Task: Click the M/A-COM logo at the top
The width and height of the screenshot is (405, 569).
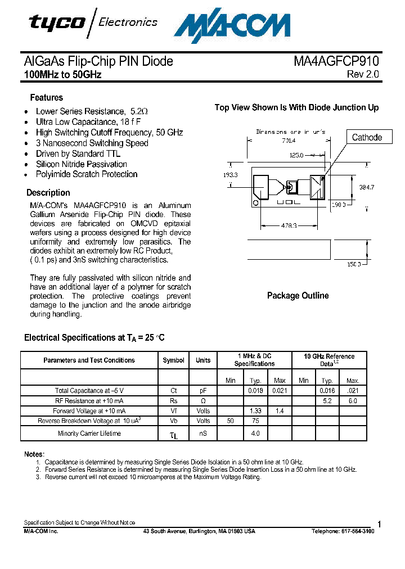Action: (x=232, y=25)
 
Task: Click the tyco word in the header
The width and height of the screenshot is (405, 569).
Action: (x=57, y=22)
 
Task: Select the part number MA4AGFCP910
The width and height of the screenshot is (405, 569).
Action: (x=336, y=61)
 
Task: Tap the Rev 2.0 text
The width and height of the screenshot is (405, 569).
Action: (x=363, y=74)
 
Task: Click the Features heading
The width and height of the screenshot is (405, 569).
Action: (x=46, y=97)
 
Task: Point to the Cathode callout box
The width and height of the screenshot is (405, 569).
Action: (x=367, y=137)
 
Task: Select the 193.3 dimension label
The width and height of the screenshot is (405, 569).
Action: (x=231, y=175)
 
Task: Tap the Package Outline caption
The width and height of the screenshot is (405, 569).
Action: (x=298, y=296)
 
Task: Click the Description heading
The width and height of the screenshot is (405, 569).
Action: (x=48, y=192)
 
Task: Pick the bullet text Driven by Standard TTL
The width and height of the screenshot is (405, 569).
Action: (x=78, y=153)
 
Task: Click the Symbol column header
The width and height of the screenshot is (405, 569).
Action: (x=173, y=360)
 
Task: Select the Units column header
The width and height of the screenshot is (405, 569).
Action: (x=203, y=360)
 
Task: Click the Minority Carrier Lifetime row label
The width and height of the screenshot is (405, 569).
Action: (x=89, y=433)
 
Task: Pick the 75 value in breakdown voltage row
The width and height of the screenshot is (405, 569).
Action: (x=255, y=421)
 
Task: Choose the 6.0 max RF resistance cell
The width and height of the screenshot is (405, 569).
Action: (x=352, y=401)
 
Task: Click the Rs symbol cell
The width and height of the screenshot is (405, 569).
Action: (x=173, y=401)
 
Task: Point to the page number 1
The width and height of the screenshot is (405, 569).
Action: (x=380, y=525)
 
